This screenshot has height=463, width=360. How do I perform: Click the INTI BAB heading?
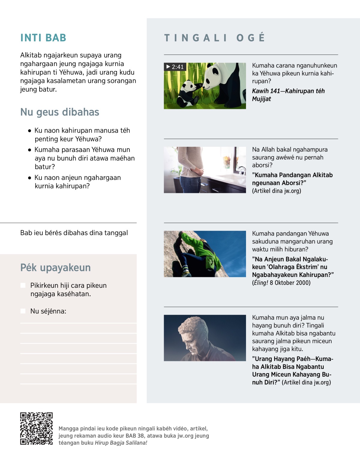43,38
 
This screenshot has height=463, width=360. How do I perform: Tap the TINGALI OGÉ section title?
214,38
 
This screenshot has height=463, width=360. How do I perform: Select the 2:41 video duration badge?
175,67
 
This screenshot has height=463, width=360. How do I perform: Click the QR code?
36,428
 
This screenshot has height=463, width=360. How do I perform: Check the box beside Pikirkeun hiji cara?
23,285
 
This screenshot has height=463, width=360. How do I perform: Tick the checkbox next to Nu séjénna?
23,311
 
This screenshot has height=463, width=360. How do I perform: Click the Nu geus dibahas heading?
60,112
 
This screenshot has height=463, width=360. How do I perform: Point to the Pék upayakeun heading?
55,267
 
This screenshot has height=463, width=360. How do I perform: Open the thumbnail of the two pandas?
205,86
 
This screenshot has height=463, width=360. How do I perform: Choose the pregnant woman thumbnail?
205,170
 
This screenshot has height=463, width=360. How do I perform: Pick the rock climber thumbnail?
205,254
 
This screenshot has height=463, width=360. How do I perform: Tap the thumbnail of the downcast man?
205,338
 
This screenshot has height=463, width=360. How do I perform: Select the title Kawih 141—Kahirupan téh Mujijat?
288,95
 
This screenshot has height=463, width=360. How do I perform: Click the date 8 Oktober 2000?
290,283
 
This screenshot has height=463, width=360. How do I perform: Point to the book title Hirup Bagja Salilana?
121,443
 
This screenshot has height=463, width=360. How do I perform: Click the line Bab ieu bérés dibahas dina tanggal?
74,233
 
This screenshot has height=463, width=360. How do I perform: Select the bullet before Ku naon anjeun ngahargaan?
29,178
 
